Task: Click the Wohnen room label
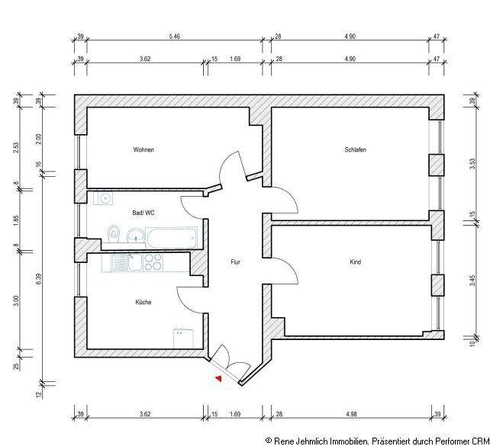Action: pos(143,150)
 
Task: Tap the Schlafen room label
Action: pos(356,150)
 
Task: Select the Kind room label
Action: pos(356,262)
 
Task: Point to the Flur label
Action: pos(237,262)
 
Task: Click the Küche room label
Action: pos(143,303)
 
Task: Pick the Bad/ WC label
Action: pos(143,213)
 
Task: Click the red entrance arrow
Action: pos(218,377)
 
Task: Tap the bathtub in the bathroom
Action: pos(171,238)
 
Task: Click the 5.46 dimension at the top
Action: pos(174,36)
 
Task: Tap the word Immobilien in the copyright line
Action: pos(345,441)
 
